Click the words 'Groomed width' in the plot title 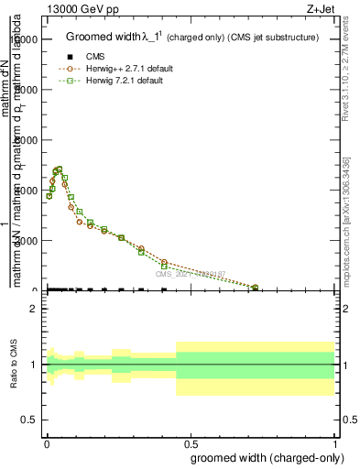point(100,38)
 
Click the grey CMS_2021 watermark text point(190,273)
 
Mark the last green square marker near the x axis point(255,288)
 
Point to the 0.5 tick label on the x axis point(191,442)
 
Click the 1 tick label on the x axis point(335,442)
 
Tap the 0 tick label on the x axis point(47,442)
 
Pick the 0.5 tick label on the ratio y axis point(29,420)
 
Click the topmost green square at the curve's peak point(60,169)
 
